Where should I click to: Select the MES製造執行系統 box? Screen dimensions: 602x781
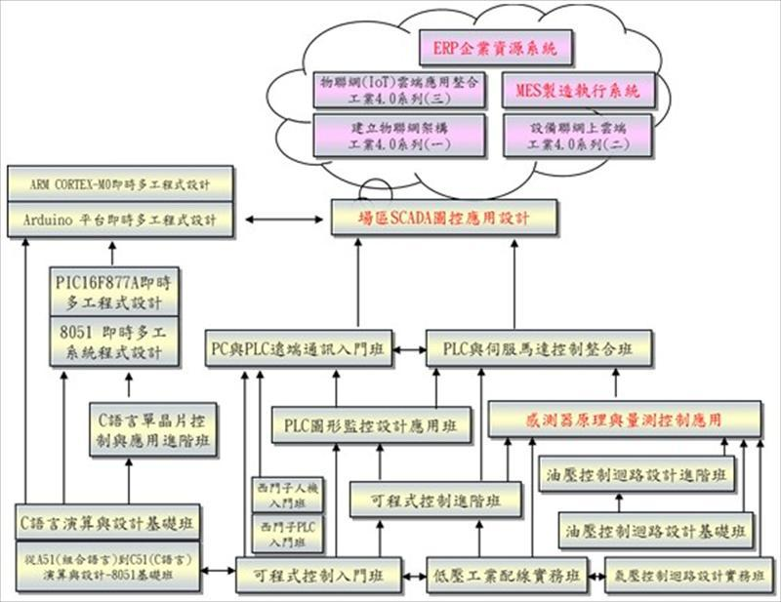point(576,92)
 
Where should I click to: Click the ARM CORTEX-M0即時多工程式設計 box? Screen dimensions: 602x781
point(121,181)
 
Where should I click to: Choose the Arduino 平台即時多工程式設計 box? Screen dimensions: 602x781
point(121,220)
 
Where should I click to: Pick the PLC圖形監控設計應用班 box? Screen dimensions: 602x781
point(370,425)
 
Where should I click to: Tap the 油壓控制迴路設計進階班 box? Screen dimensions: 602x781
point(635,475)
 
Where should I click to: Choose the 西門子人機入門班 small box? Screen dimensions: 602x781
point(280,493)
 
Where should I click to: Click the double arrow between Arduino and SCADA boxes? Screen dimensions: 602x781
point(283,218)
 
